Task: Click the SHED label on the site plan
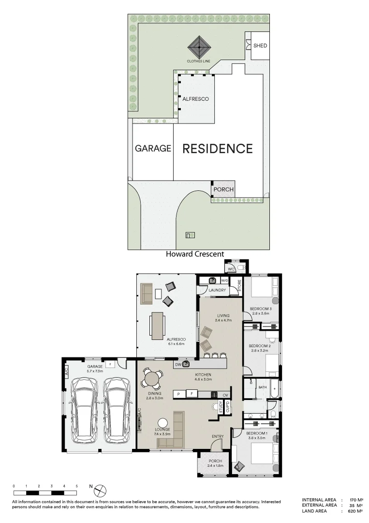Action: pos(260,46)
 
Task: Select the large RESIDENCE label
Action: pos(217,149)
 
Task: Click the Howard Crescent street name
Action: pos(195,254)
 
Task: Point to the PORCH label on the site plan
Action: pos(223,189)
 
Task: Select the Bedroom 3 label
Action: pos(261,309)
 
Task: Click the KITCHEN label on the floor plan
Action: pos(203,375)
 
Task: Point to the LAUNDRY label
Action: pos(217,290)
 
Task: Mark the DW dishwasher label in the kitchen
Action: pos(178,364)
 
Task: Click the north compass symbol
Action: pos(100,490)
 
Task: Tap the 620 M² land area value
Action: pos(355,510)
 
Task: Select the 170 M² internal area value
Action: pos(355,499)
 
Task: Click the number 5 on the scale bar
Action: pos(76,486)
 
